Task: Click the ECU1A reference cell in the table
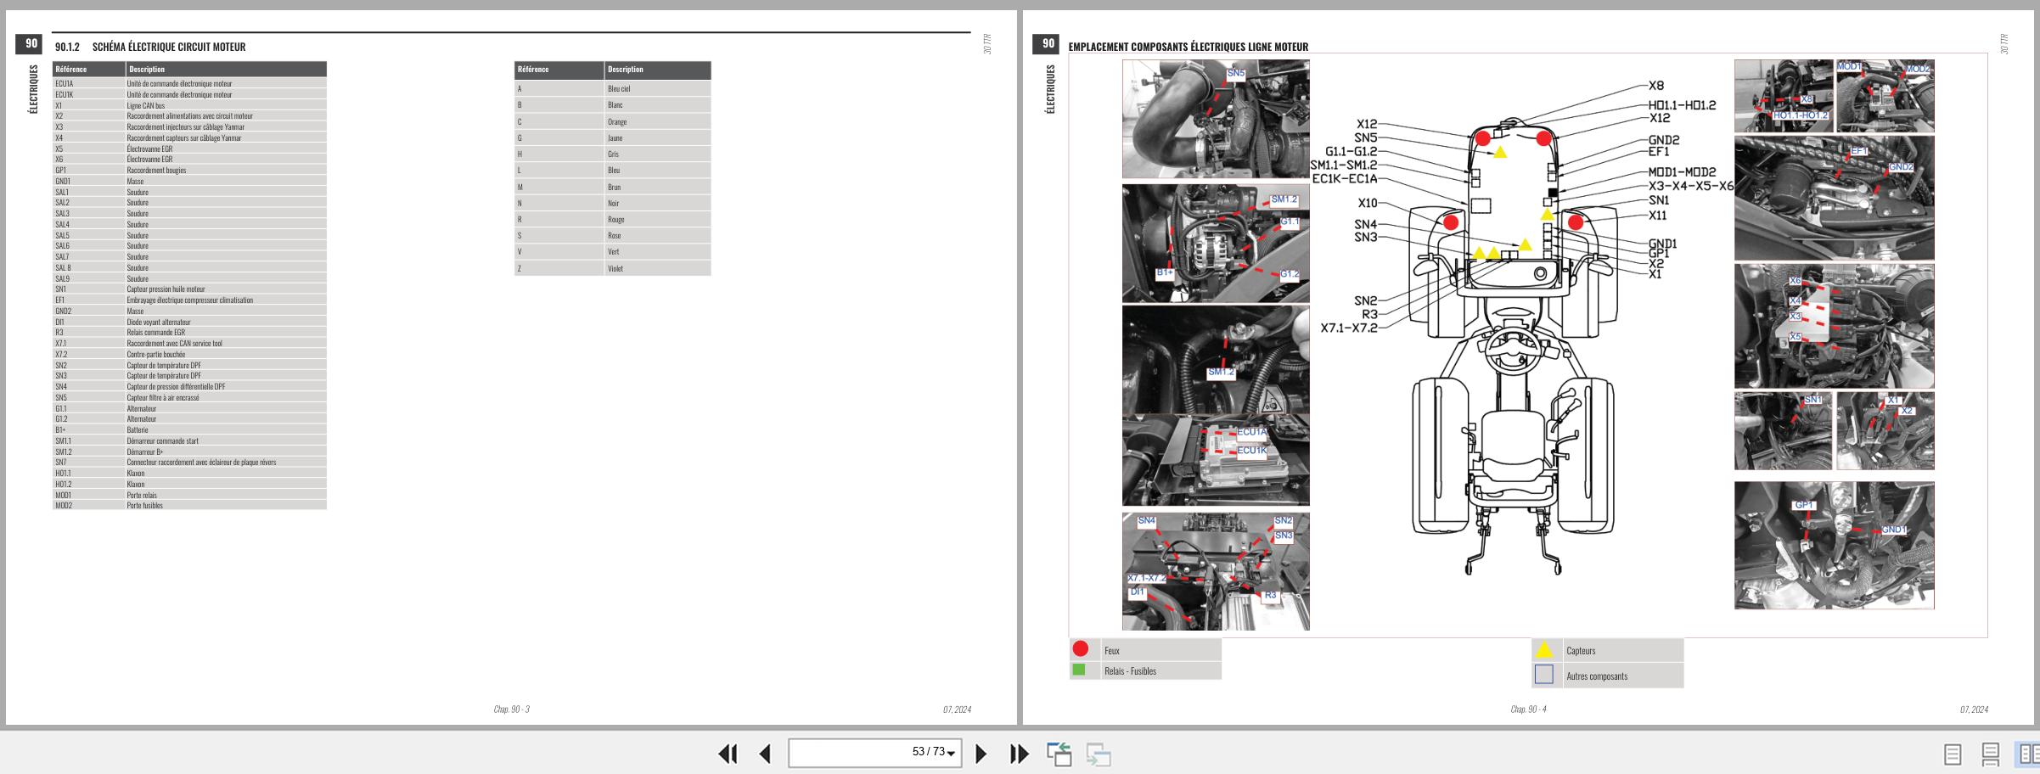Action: click(x=65, y=83)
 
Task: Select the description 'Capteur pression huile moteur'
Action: click(x=166, y=289)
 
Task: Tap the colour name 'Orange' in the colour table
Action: click(x=617, y=121)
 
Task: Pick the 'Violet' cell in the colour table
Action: click(x=615, y=268)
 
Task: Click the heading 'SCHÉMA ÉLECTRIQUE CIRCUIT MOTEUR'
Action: click(x=169, y=47)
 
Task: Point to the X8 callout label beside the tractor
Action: click(x=1656, y=86)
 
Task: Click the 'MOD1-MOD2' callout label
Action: click(x=1682, y=172)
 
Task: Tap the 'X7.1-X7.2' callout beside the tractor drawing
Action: click(x=1349, y=328)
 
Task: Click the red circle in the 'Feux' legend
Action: click(x=1081, y=649)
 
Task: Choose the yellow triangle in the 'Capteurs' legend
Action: click(x=1544, y=650)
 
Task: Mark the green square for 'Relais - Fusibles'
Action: click(x=1079, y=670)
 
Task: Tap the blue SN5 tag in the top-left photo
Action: click(x=1236, y=74)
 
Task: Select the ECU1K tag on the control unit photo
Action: click(x=1252, y=451)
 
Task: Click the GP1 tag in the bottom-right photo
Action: click(x=1804, y=505)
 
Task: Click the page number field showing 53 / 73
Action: click(x=874, y=752)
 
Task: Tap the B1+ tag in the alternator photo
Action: click(x=1165, y=272)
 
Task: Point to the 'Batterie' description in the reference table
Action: click(x=138, y=430)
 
